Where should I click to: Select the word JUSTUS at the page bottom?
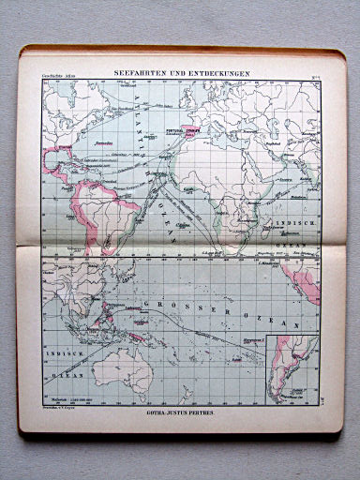click(x=176, y=412)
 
